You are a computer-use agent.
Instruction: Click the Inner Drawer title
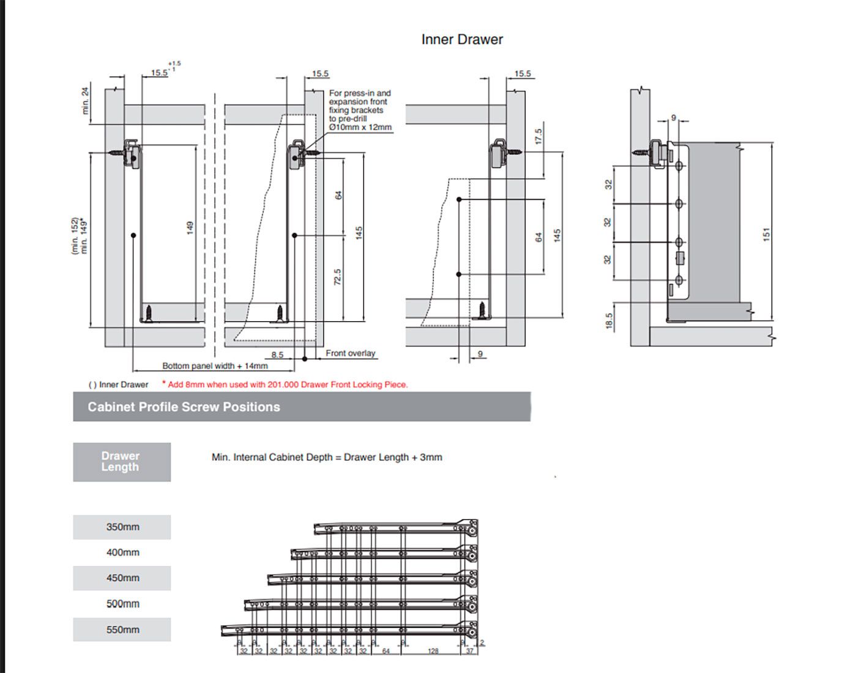462,40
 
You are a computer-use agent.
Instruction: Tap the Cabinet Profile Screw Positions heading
184,407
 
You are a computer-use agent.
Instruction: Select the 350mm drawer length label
122,527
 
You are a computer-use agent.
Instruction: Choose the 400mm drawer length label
122,552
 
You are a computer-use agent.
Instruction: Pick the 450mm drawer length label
122,578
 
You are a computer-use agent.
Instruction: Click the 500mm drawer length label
122,604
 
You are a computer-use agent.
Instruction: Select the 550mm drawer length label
122,630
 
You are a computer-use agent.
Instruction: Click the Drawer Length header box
121,462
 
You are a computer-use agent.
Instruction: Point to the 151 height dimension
767,234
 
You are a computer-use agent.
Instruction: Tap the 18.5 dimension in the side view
609,321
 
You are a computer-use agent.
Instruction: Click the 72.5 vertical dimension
338,277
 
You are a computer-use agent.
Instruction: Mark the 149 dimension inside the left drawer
190,228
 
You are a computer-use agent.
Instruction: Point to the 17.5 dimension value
539,136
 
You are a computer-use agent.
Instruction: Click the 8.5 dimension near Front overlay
277,355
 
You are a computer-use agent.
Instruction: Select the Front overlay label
350,353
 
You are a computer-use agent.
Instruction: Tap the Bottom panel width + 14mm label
215,366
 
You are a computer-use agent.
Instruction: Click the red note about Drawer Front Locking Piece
285,385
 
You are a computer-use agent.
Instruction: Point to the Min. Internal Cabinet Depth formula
327,457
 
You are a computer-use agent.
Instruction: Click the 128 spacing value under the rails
433,651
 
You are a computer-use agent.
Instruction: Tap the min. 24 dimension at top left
85,100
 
